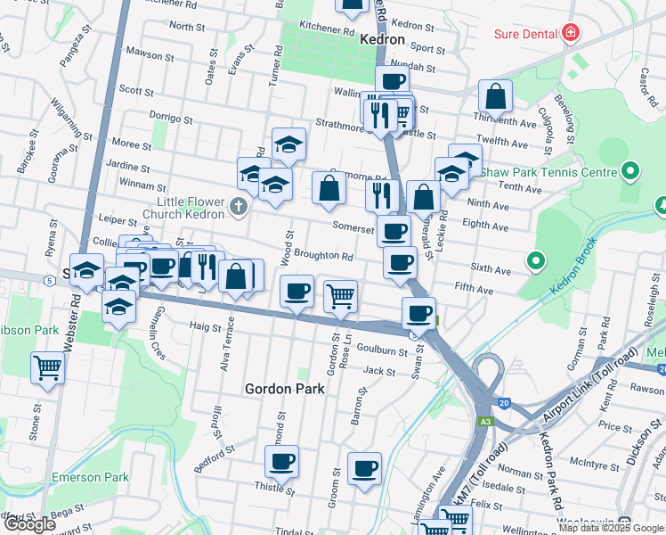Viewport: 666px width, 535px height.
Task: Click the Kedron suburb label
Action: (382, 40)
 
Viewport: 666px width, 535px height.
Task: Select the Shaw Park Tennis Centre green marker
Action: (631, 170)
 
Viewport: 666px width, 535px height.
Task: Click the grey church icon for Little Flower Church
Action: (237, 207)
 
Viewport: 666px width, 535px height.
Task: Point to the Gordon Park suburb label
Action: (284, 389)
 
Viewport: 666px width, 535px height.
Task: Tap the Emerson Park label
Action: (91, 477)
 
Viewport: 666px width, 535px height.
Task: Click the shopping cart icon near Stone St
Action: (47, 366)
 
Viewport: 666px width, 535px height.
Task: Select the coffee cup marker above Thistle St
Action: (282, 461)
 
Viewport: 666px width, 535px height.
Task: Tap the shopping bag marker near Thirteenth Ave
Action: (495, 95)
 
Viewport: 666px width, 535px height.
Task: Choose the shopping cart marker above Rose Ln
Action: (340, 295)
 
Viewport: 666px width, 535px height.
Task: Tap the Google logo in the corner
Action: (30, 524)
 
